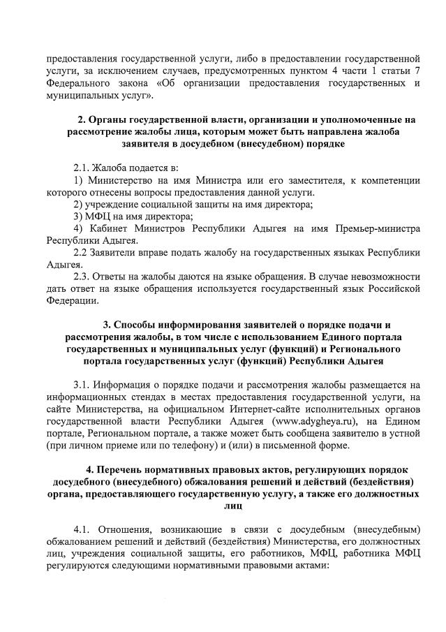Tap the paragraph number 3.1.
click(85, 383)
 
